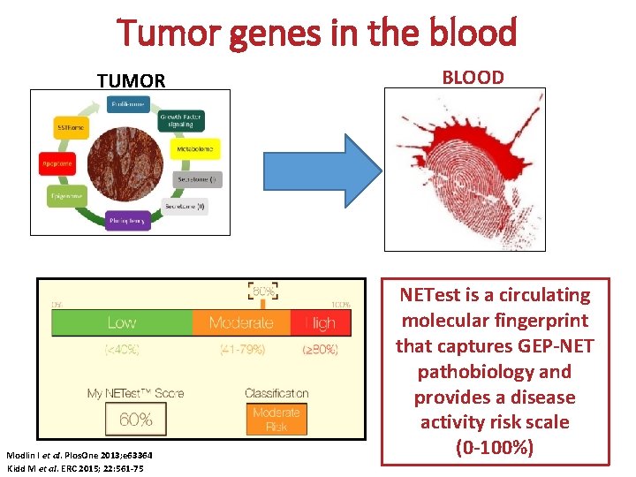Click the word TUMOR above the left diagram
pyautogui.click(x=131, y=81)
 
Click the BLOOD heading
pyautogui.click(x=473, y=77)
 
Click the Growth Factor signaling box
pyautogui.click(x=182, y=120)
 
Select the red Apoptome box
pyautogui.click(x=56, y=163)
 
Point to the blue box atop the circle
pyautogui.click(x=127, y=105)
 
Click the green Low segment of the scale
pyautogui.click(x=122, y=322)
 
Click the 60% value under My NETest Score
pyautogui.click(x=134, y=418)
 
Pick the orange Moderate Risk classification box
pyautogui.click(x=276, y=418)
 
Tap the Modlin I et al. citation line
pyautogui.click(x=75, y=456)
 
